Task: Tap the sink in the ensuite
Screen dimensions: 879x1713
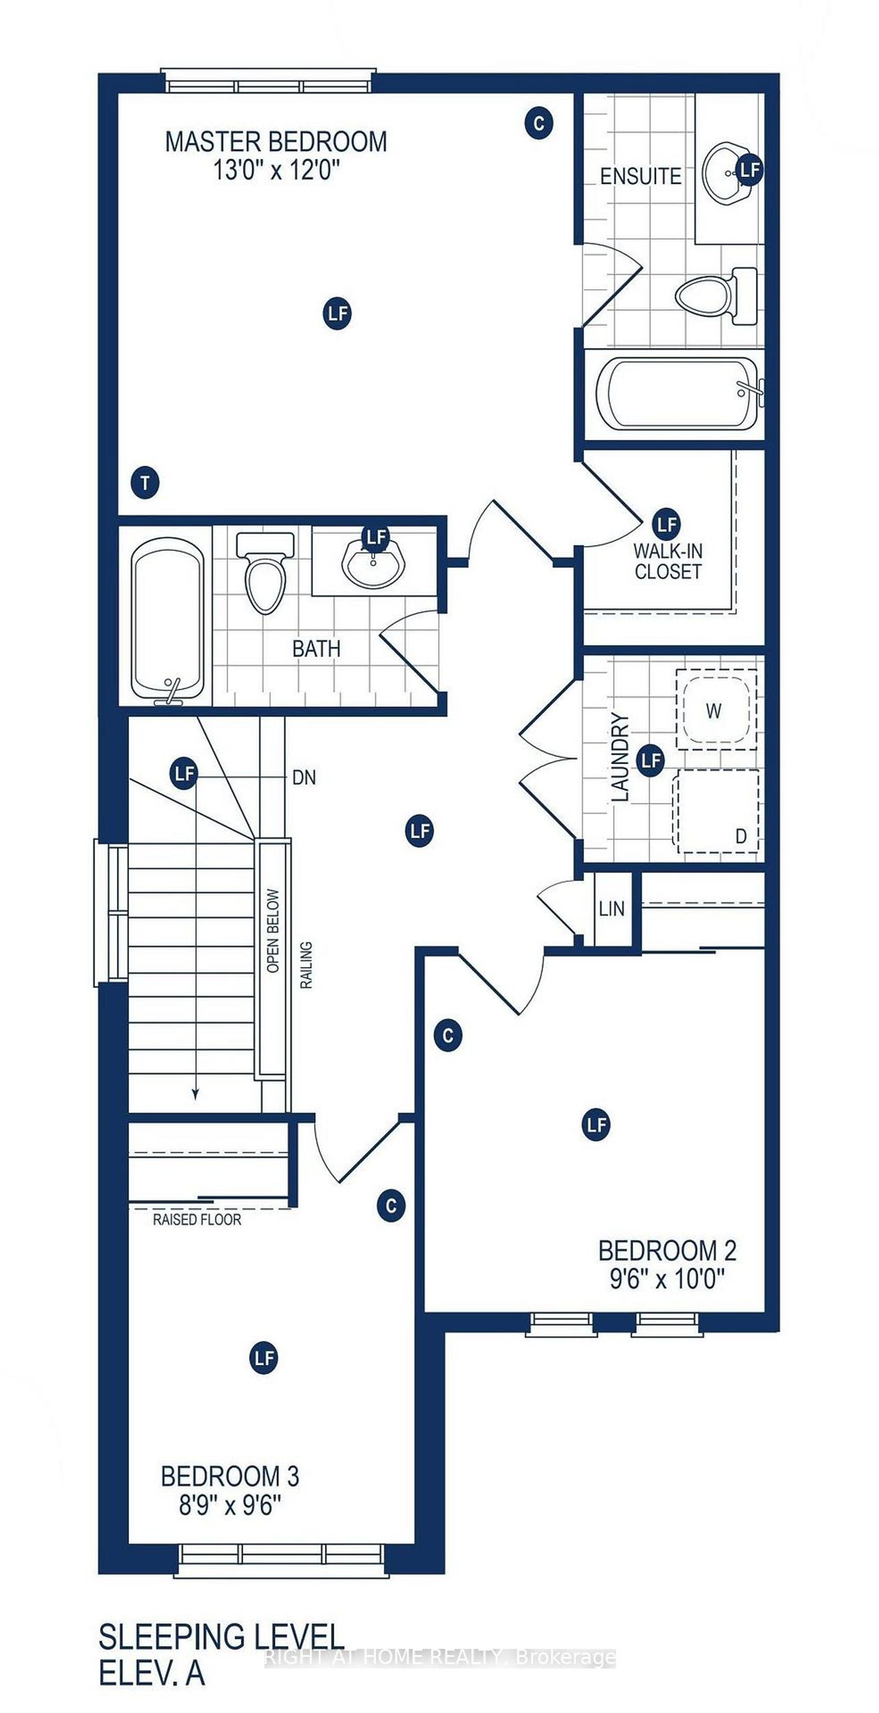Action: click(x=727, y=172)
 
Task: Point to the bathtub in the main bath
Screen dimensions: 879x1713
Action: click(x=166, y=618)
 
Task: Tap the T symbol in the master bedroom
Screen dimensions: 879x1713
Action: click(x=145, y=482)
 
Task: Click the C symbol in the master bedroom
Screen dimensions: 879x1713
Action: click(x=538, y=123)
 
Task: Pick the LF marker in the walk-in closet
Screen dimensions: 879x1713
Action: click(x=666, y=524)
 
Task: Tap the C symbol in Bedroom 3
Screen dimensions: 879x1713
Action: click(x=391, y=1206)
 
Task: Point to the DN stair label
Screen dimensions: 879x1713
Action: click(x=304, y=777)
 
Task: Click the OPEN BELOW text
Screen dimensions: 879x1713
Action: click(x=273, y=931)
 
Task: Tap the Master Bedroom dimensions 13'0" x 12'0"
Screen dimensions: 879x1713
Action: click(x=276, y=171)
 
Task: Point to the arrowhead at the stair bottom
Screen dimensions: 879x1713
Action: click(x=196, y=1094)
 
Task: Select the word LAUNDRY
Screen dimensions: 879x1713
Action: click(x=619, y=757)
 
